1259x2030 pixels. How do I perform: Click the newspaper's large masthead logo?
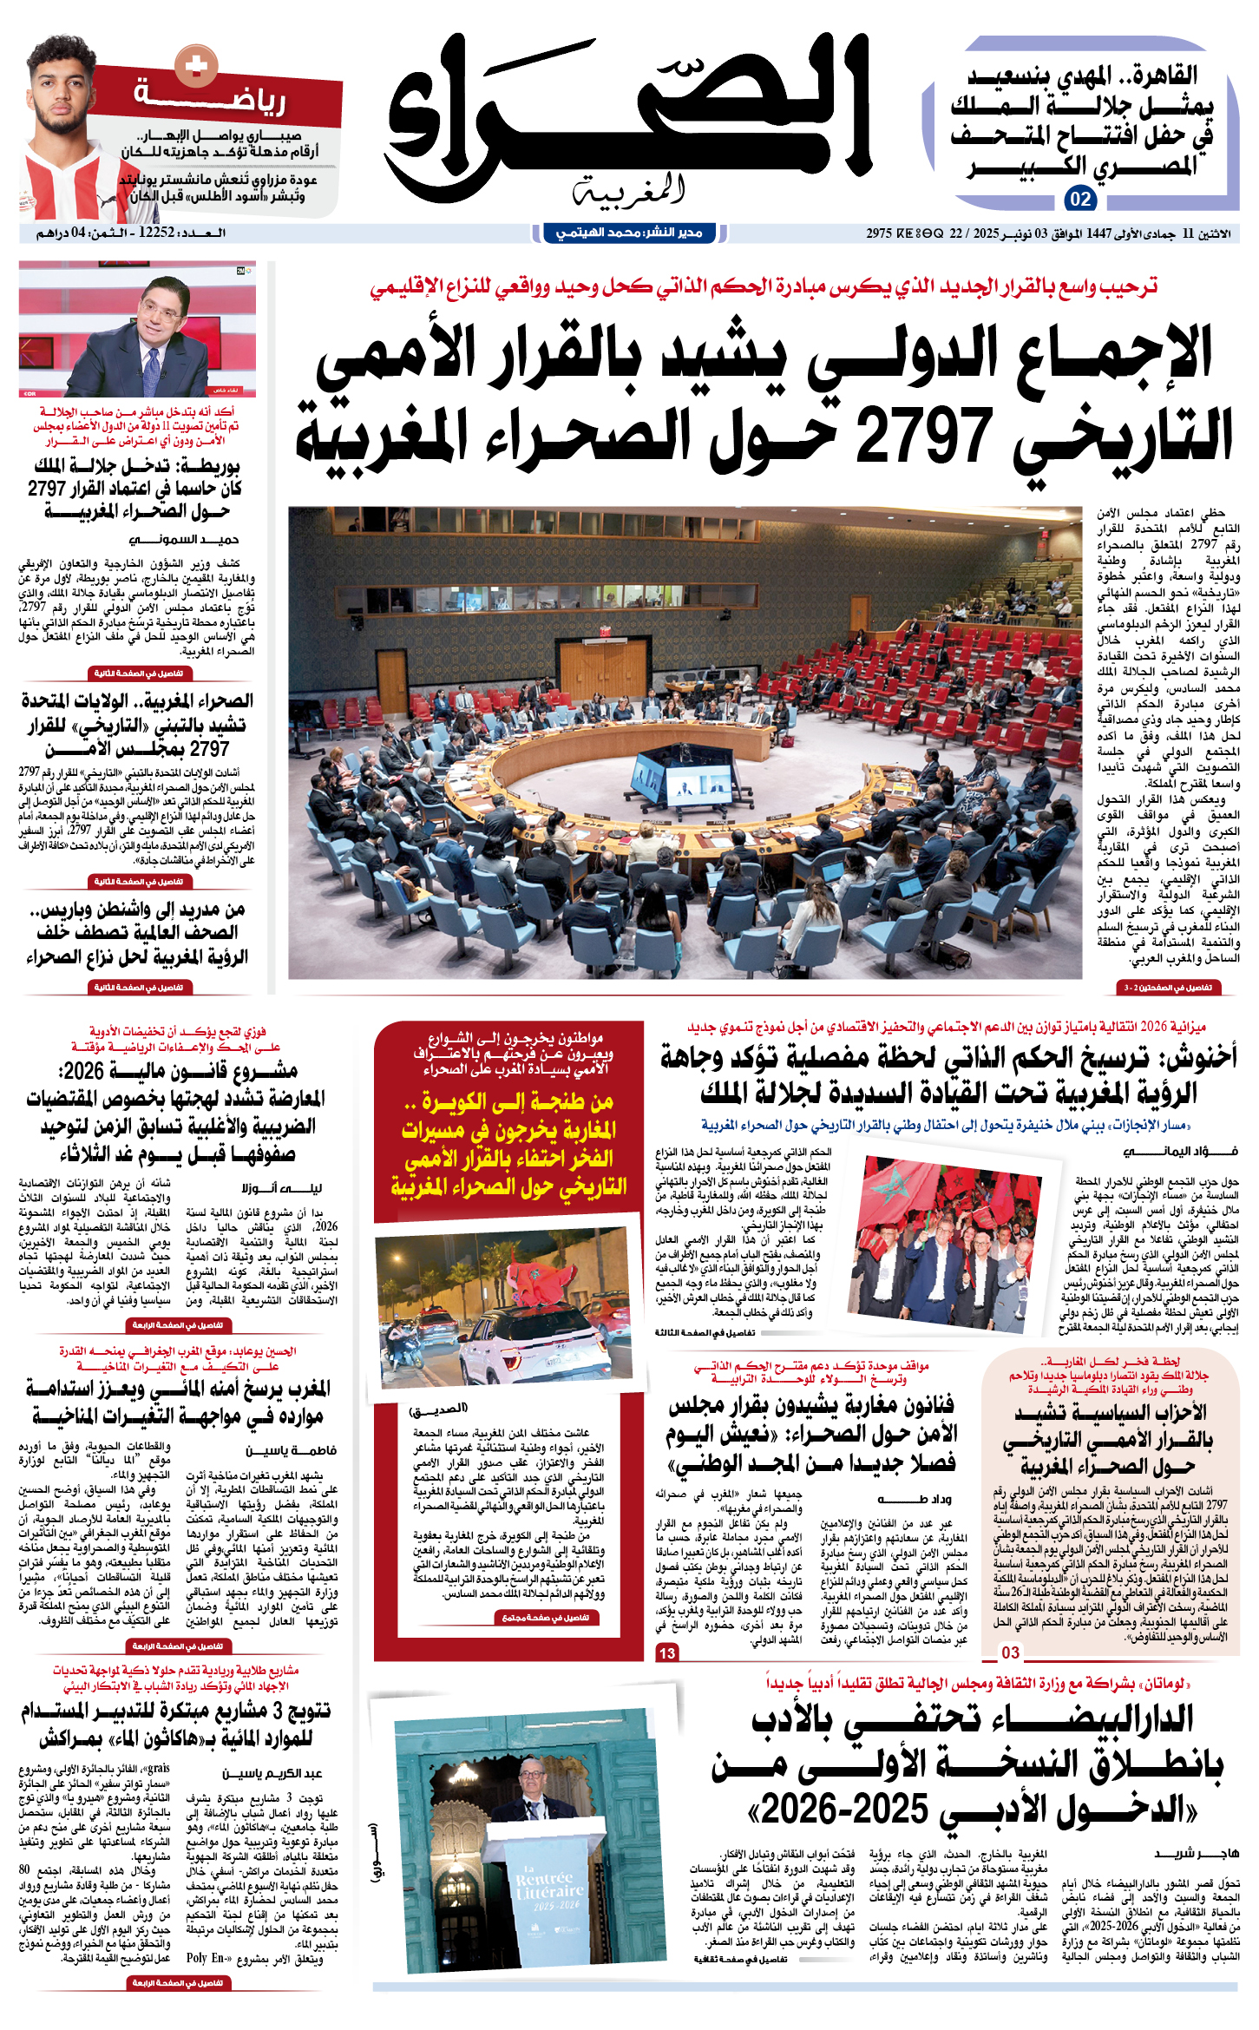coord(629,117)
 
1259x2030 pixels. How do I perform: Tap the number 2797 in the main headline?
coord(923,437)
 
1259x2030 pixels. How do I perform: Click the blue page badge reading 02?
coord(1080,199)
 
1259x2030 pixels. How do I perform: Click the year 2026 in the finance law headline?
coord(83,1071)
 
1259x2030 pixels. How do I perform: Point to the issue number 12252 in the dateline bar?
coord(157,233)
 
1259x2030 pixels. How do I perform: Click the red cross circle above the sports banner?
coord(197,64)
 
